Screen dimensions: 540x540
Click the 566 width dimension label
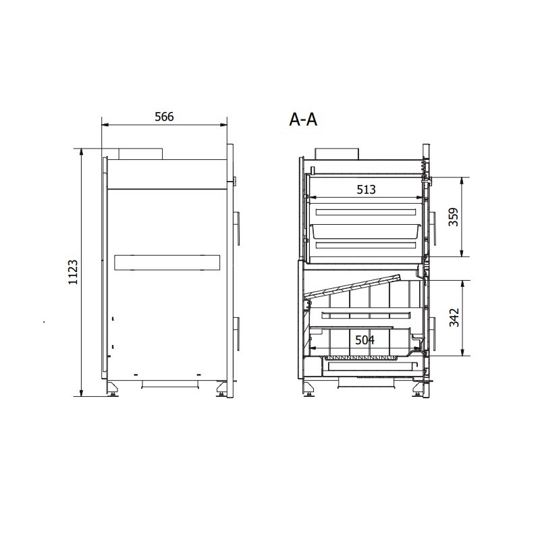tap(164, 117)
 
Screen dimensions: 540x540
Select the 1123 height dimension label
tap(73, 272)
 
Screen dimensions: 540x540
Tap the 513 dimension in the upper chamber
tap(366, 190)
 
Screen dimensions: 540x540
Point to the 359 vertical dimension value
tap(454, 217)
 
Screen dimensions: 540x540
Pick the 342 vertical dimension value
tap(454, 317)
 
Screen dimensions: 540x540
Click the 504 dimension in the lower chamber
tap(364, 340)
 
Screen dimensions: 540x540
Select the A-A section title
tap(303, 119)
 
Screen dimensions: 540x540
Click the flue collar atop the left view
tap(140, 154)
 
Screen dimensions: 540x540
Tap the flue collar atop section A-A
tap(337, 154)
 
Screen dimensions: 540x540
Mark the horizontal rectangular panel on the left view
tap(167, 263)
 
